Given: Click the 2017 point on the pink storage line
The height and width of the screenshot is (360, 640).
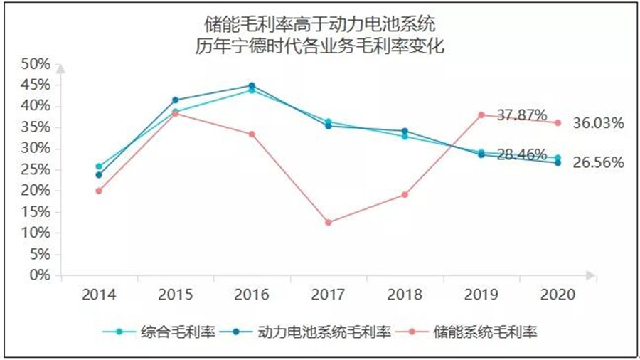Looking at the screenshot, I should (328, 223).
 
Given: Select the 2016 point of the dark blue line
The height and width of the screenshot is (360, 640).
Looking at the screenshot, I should (252, 86).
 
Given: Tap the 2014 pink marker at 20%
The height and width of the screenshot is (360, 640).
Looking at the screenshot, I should (99, 191).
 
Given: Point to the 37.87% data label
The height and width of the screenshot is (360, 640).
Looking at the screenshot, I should (522, 115).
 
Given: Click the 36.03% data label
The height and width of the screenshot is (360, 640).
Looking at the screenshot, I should (598, 123).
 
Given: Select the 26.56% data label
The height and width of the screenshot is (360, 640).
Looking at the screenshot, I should (598, 162).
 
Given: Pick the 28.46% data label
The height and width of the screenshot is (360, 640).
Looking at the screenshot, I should (522, 154).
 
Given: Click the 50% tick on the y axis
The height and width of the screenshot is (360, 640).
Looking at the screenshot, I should (36, 64).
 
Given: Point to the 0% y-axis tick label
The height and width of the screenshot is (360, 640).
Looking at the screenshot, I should (40, 275).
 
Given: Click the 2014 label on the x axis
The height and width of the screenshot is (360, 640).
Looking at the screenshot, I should (99, 295).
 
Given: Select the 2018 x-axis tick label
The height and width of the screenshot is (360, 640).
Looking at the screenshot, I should (405, 295).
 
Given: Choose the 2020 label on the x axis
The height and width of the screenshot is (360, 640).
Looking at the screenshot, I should (558, 295).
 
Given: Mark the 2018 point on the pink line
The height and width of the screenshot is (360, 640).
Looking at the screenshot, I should (405, 194).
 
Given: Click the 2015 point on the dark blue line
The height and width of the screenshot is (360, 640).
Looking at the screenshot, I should (175, 100).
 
